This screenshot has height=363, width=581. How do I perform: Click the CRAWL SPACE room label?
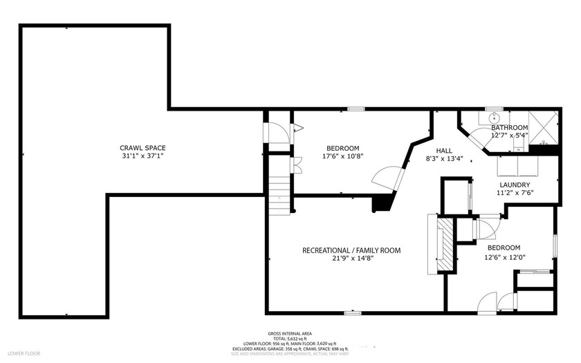tap(142, 147)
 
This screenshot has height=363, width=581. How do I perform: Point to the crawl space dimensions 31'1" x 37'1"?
tap(142, 156)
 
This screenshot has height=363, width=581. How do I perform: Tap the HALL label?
tap(444, 151)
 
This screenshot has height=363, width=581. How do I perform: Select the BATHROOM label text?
tap(509, 128)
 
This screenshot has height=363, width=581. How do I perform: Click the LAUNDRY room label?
tap(514, 185)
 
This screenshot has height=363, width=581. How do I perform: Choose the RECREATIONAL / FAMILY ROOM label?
tap(351, 250)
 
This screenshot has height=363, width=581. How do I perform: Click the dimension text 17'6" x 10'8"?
tap(342, 156)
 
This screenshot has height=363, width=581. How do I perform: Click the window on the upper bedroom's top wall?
tap(356, 109)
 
